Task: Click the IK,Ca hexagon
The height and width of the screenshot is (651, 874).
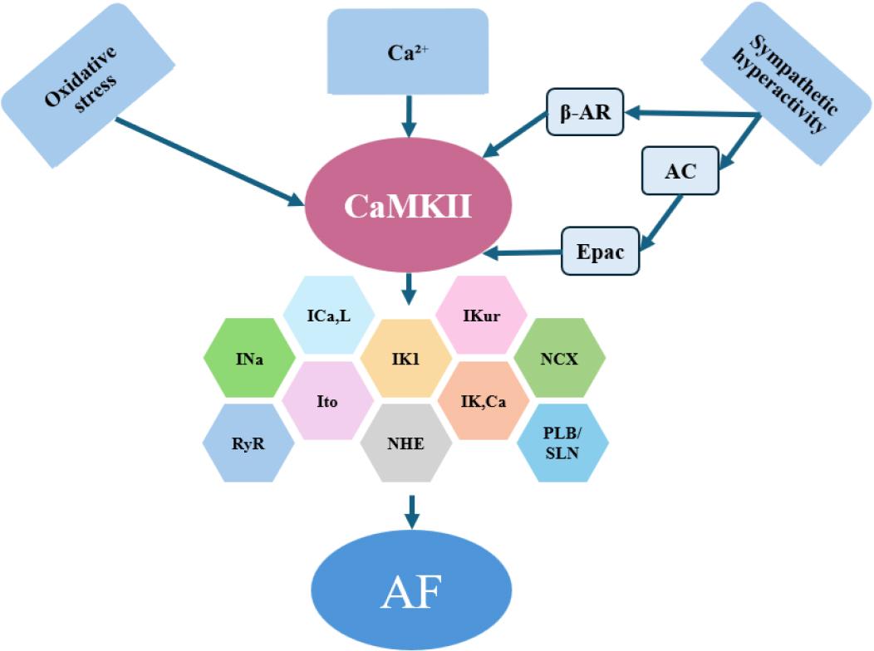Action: pyautogui.click(x=483, y=400)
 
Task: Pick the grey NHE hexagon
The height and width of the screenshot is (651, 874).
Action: pyautogui.click(x=405, y=444)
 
